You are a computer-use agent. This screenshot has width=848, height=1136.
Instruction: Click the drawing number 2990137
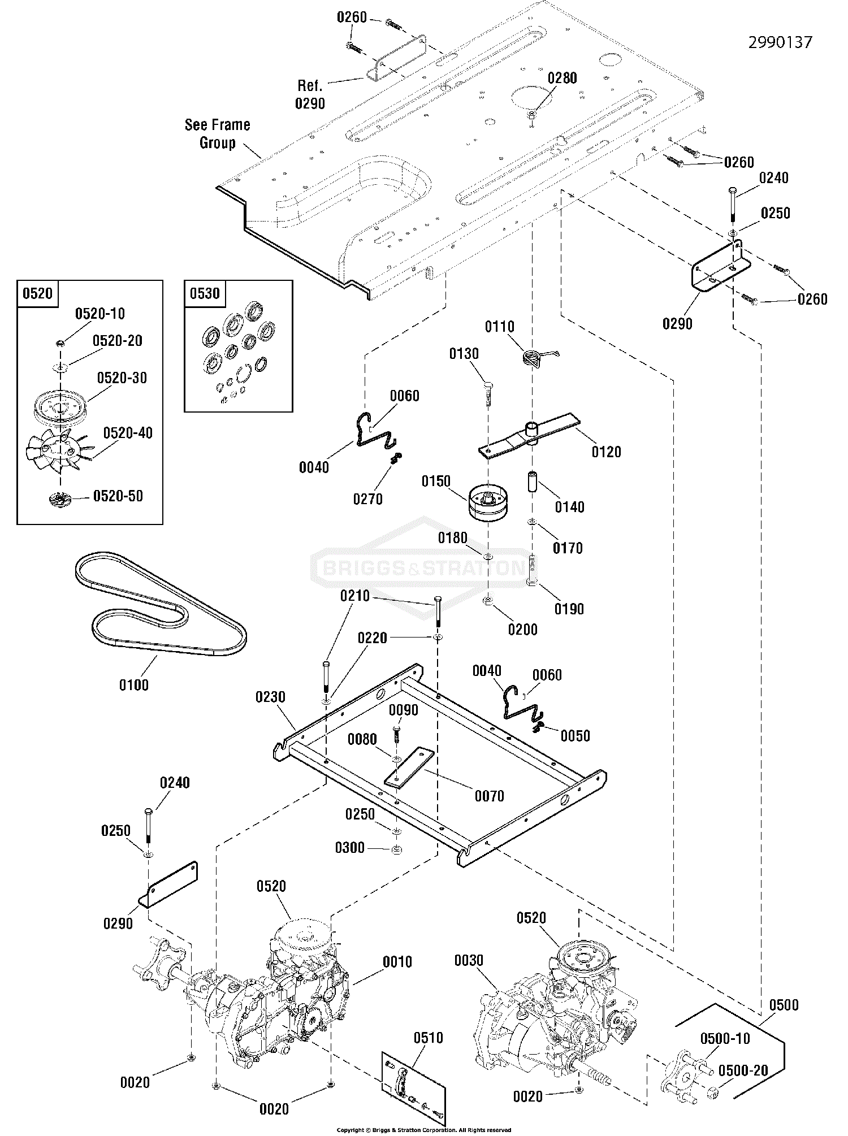point(780,42)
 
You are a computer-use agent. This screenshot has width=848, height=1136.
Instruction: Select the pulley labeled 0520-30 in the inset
point(62,406)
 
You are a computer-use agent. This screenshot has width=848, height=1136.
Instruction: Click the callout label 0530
point(205,293)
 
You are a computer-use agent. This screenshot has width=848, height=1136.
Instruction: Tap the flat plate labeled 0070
point(408,766)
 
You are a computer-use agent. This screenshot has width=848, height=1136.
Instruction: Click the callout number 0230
point(270,697)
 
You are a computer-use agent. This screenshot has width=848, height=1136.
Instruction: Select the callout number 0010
point(397,961)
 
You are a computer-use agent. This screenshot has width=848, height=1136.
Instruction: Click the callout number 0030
point(469,960)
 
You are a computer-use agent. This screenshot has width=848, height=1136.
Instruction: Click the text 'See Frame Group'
point(218,133)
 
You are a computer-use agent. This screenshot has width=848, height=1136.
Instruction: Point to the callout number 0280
point(562,78)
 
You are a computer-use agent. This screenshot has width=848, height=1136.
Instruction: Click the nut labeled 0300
point(397,848)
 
